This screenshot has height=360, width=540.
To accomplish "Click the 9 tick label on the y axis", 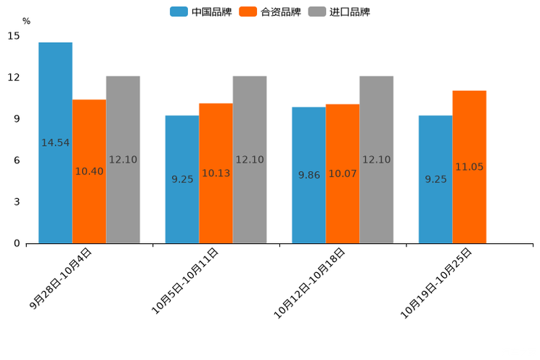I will [17, 119].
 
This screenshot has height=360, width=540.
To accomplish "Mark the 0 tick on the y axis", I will [17, 244].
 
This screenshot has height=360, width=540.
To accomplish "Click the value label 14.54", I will [55, 143].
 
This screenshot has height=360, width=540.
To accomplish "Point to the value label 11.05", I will [469, 167].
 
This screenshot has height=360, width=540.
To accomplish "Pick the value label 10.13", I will [216, 173].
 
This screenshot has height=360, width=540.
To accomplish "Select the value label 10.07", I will [343, 174].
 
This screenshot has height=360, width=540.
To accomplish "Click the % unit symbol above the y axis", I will [26, 22].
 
